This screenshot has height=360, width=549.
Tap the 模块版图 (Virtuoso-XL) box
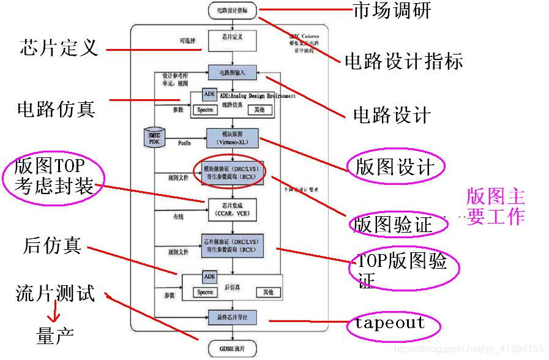click(x=233, y=138)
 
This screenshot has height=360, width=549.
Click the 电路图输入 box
click(x=233, y=72)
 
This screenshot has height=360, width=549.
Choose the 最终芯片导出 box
click(x=233, y=317)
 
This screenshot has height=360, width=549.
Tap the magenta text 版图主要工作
click(x=496, y=206)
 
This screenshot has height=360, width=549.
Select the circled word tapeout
click(x=389, y=323)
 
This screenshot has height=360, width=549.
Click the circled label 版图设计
click(x=395, y=167)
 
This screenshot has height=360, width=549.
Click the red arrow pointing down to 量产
click(x=54, y=315)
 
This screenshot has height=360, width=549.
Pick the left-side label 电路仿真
click(x=56, y=109)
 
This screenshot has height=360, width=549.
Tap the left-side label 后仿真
click(x=52, y=246)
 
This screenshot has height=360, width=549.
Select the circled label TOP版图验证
click(x=402, y=270)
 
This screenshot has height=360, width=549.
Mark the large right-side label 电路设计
click(x=392, y=115)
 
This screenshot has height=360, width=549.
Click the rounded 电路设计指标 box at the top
click(x=233, y=10)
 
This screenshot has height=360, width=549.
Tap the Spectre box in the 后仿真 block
click(x=205, y=293)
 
